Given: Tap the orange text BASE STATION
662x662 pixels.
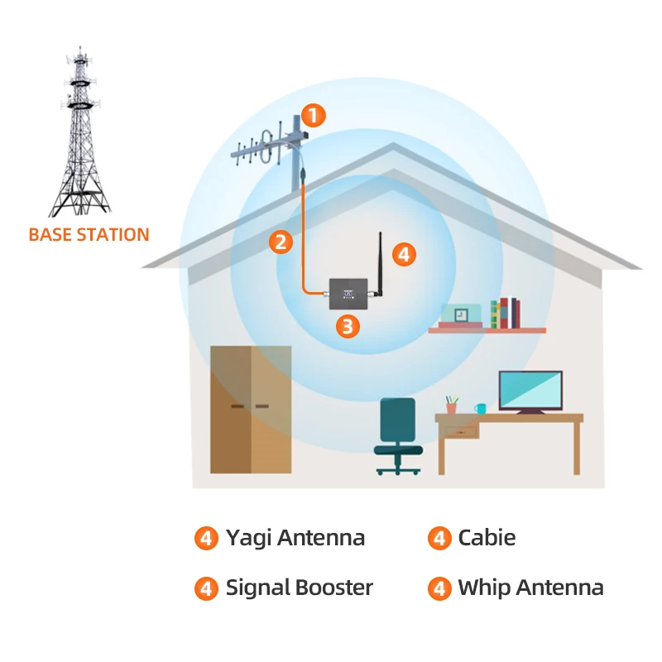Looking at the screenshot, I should pos(89,234).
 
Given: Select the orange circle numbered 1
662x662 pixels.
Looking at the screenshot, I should pos(314,115).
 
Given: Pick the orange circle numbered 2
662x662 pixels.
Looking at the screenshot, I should pos(281,242).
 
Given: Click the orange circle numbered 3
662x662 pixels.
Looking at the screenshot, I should pos(348,326).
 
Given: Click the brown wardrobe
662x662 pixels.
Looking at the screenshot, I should pos(251,410).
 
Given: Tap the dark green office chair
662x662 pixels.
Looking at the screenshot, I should pos(399,434).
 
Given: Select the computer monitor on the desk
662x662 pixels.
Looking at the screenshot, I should pos(530,392).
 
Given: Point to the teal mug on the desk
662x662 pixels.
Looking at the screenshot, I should pos(480,409).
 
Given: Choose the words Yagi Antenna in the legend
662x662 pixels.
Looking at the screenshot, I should pos(295,538).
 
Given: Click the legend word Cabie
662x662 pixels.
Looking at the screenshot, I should pos(487,538).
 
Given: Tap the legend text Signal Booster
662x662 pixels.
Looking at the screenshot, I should pos(300,588).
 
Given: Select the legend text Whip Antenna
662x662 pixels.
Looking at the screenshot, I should pos(530,588).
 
